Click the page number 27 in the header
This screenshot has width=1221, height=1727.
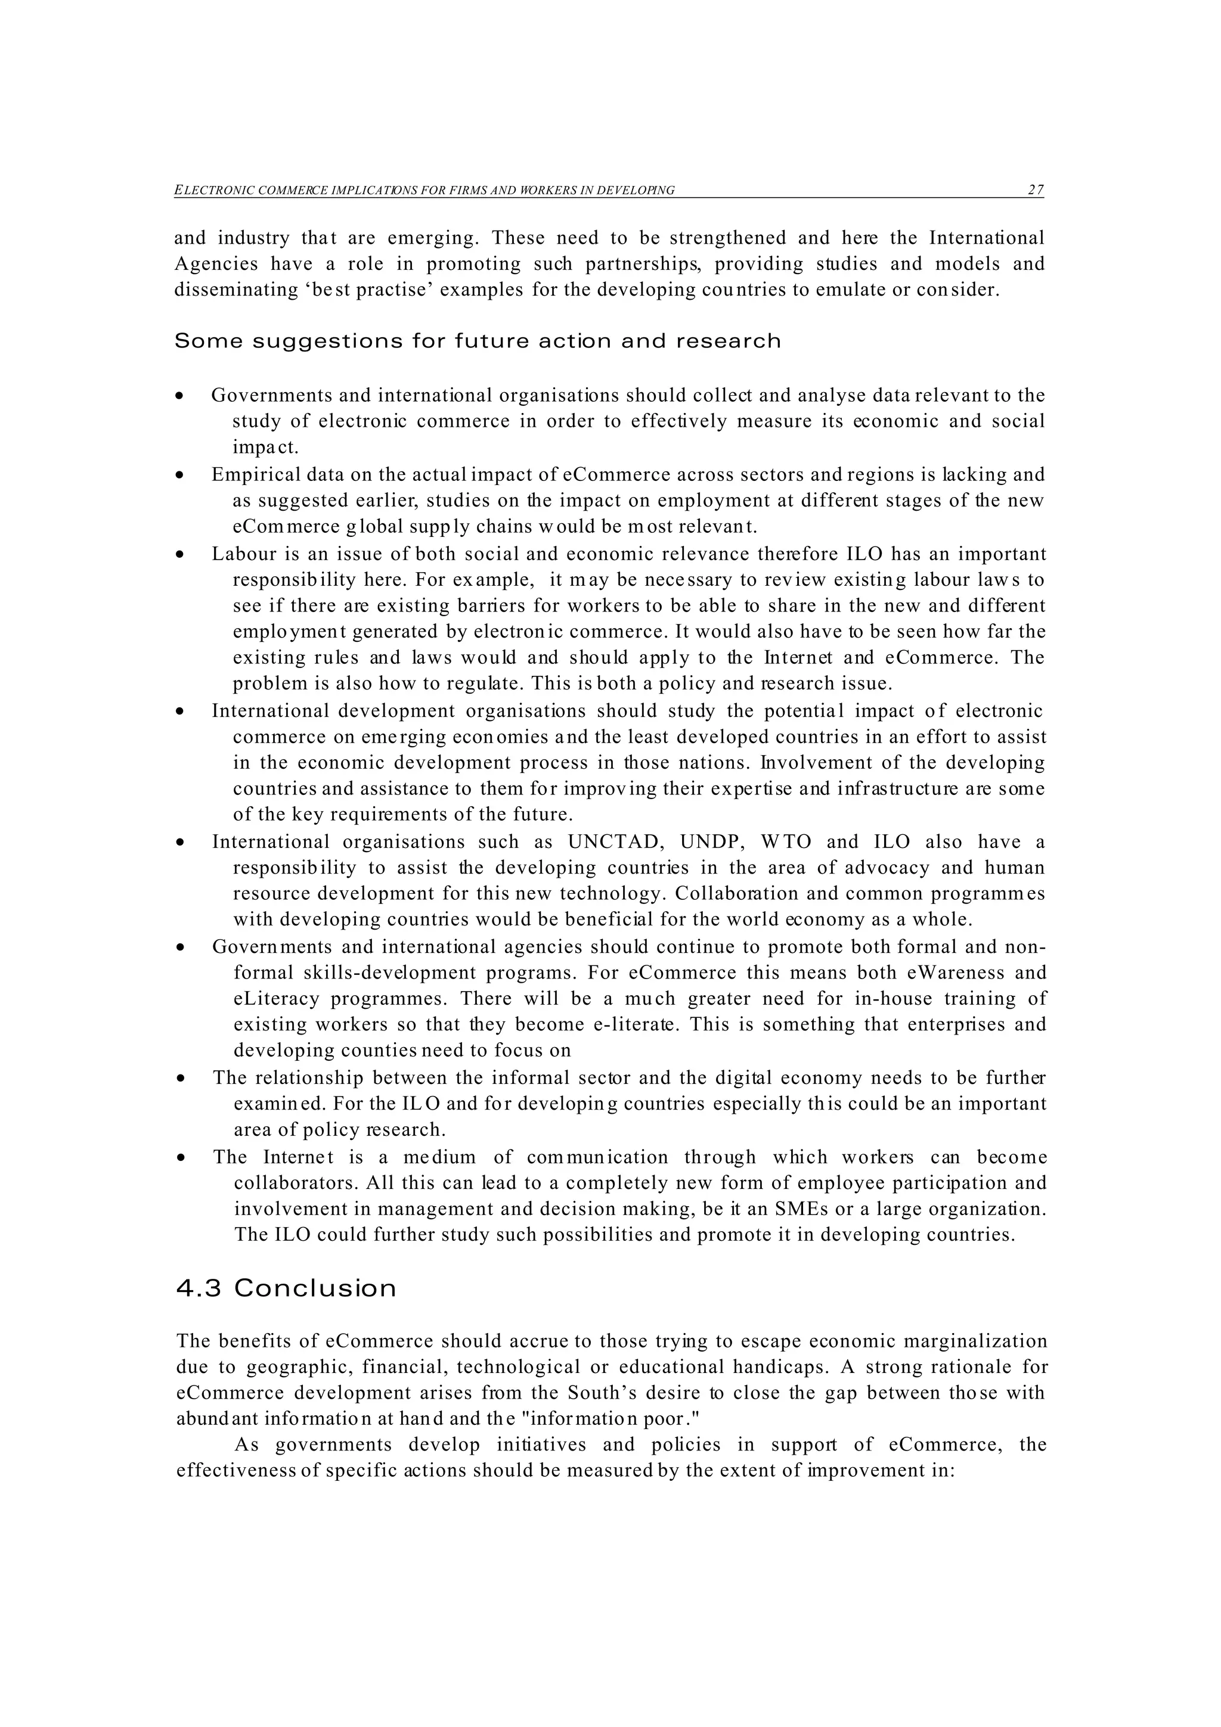[x=1035, y=190]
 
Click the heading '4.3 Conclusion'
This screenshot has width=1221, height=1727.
[x=286, y=1288]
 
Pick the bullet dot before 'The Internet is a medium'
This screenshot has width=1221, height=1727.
[x=180, y=1158]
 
